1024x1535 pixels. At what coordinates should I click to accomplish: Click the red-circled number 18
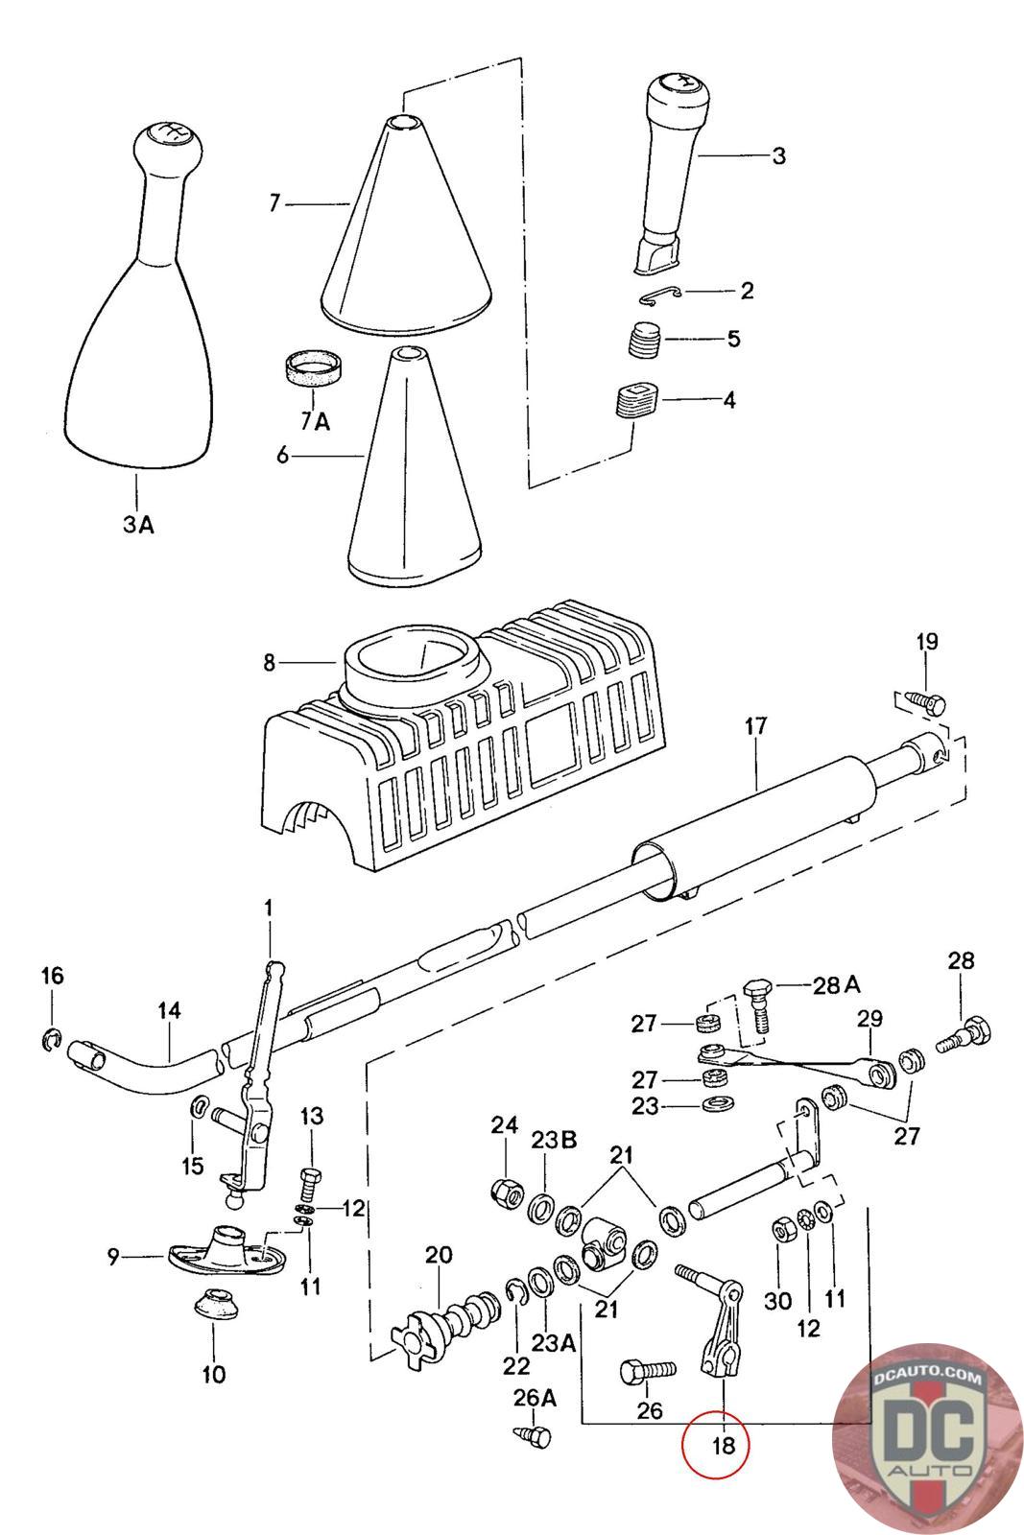point(724,1444)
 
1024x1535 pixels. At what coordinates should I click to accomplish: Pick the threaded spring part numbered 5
point(644,339)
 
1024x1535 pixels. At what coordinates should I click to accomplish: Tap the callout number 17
point(756,726)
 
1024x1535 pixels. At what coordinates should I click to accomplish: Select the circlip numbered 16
point(52,1040)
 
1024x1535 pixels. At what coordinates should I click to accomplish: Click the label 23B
point(554,1141)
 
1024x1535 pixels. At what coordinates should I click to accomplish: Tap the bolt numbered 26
point(648,1371)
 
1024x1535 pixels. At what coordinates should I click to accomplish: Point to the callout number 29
point(869,1018)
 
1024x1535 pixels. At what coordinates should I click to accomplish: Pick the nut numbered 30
point(780,1232)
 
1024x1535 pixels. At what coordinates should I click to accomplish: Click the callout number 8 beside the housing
point(269,663)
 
